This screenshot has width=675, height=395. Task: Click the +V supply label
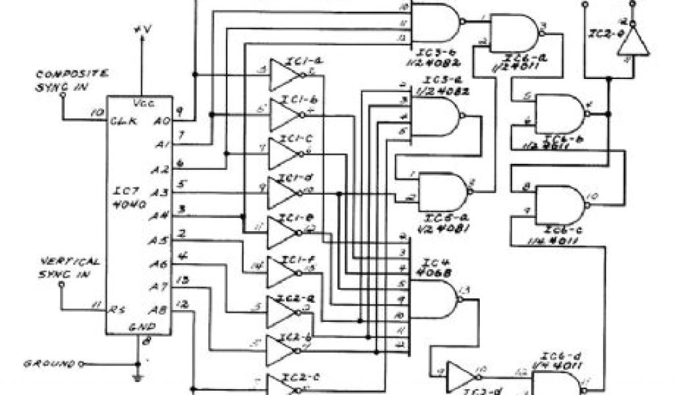coord(142,30)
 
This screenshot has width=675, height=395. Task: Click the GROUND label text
coord(49,363)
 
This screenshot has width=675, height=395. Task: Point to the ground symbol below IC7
coord(138,377)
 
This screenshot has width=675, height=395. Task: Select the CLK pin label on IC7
coord(124,121)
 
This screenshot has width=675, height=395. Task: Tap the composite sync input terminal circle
coord(63,94)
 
